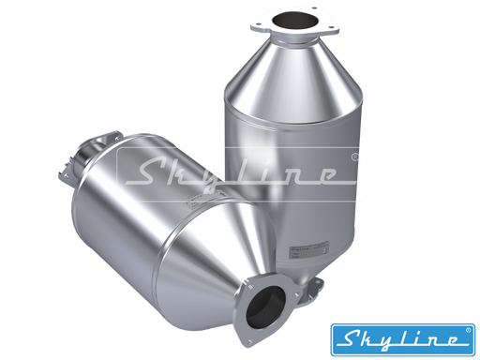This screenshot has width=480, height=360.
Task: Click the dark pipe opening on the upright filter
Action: pyautogui.click(x=295, y=20)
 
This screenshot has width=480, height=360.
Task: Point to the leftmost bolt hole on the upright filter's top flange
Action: pyautogui.click(x=259, y=23)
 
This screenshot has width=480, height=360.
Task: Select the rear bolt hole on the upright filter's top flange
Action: pyautogui.click(x=314, y=7)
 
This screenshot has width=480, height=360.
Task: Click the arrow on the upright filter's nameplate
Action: pyautogui.click(x=326, y=249)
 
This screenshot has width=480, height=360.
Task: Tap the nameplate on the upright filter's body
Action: pyautogui.click(x=309, y=249)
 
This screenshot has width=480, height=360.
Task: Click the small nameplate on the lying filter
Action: pyautogui.click(x=204, y=200)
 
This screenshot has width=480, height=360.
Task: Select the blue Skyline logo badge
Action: pyautogui.click(x=403, y=339)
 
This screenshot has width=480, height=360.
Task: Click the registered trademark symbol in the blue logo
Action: pyautogui.click(x=468, y=330)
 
